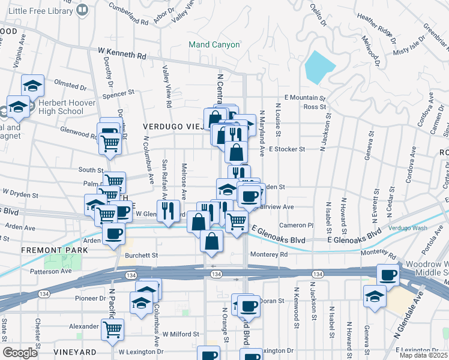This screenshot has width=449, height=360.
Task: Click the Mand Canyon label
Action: [214, 44]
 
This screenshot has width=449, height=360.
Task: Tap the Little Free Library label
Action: [41, 10]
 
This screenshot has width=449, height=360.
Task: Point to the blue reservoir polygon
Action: [321, 67]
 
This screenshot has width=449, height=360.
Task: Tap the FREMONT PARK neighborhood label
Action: [46, 250]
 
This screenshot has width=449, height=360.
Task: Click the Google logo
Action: [20, 353]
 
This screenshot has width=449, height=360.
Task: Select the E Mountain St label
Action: [304, 97]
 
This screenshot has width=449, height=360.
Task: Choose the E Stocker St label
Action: [287, 149]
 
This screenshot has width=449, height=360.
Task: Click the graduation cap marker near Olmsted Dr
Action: [32, 85]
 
